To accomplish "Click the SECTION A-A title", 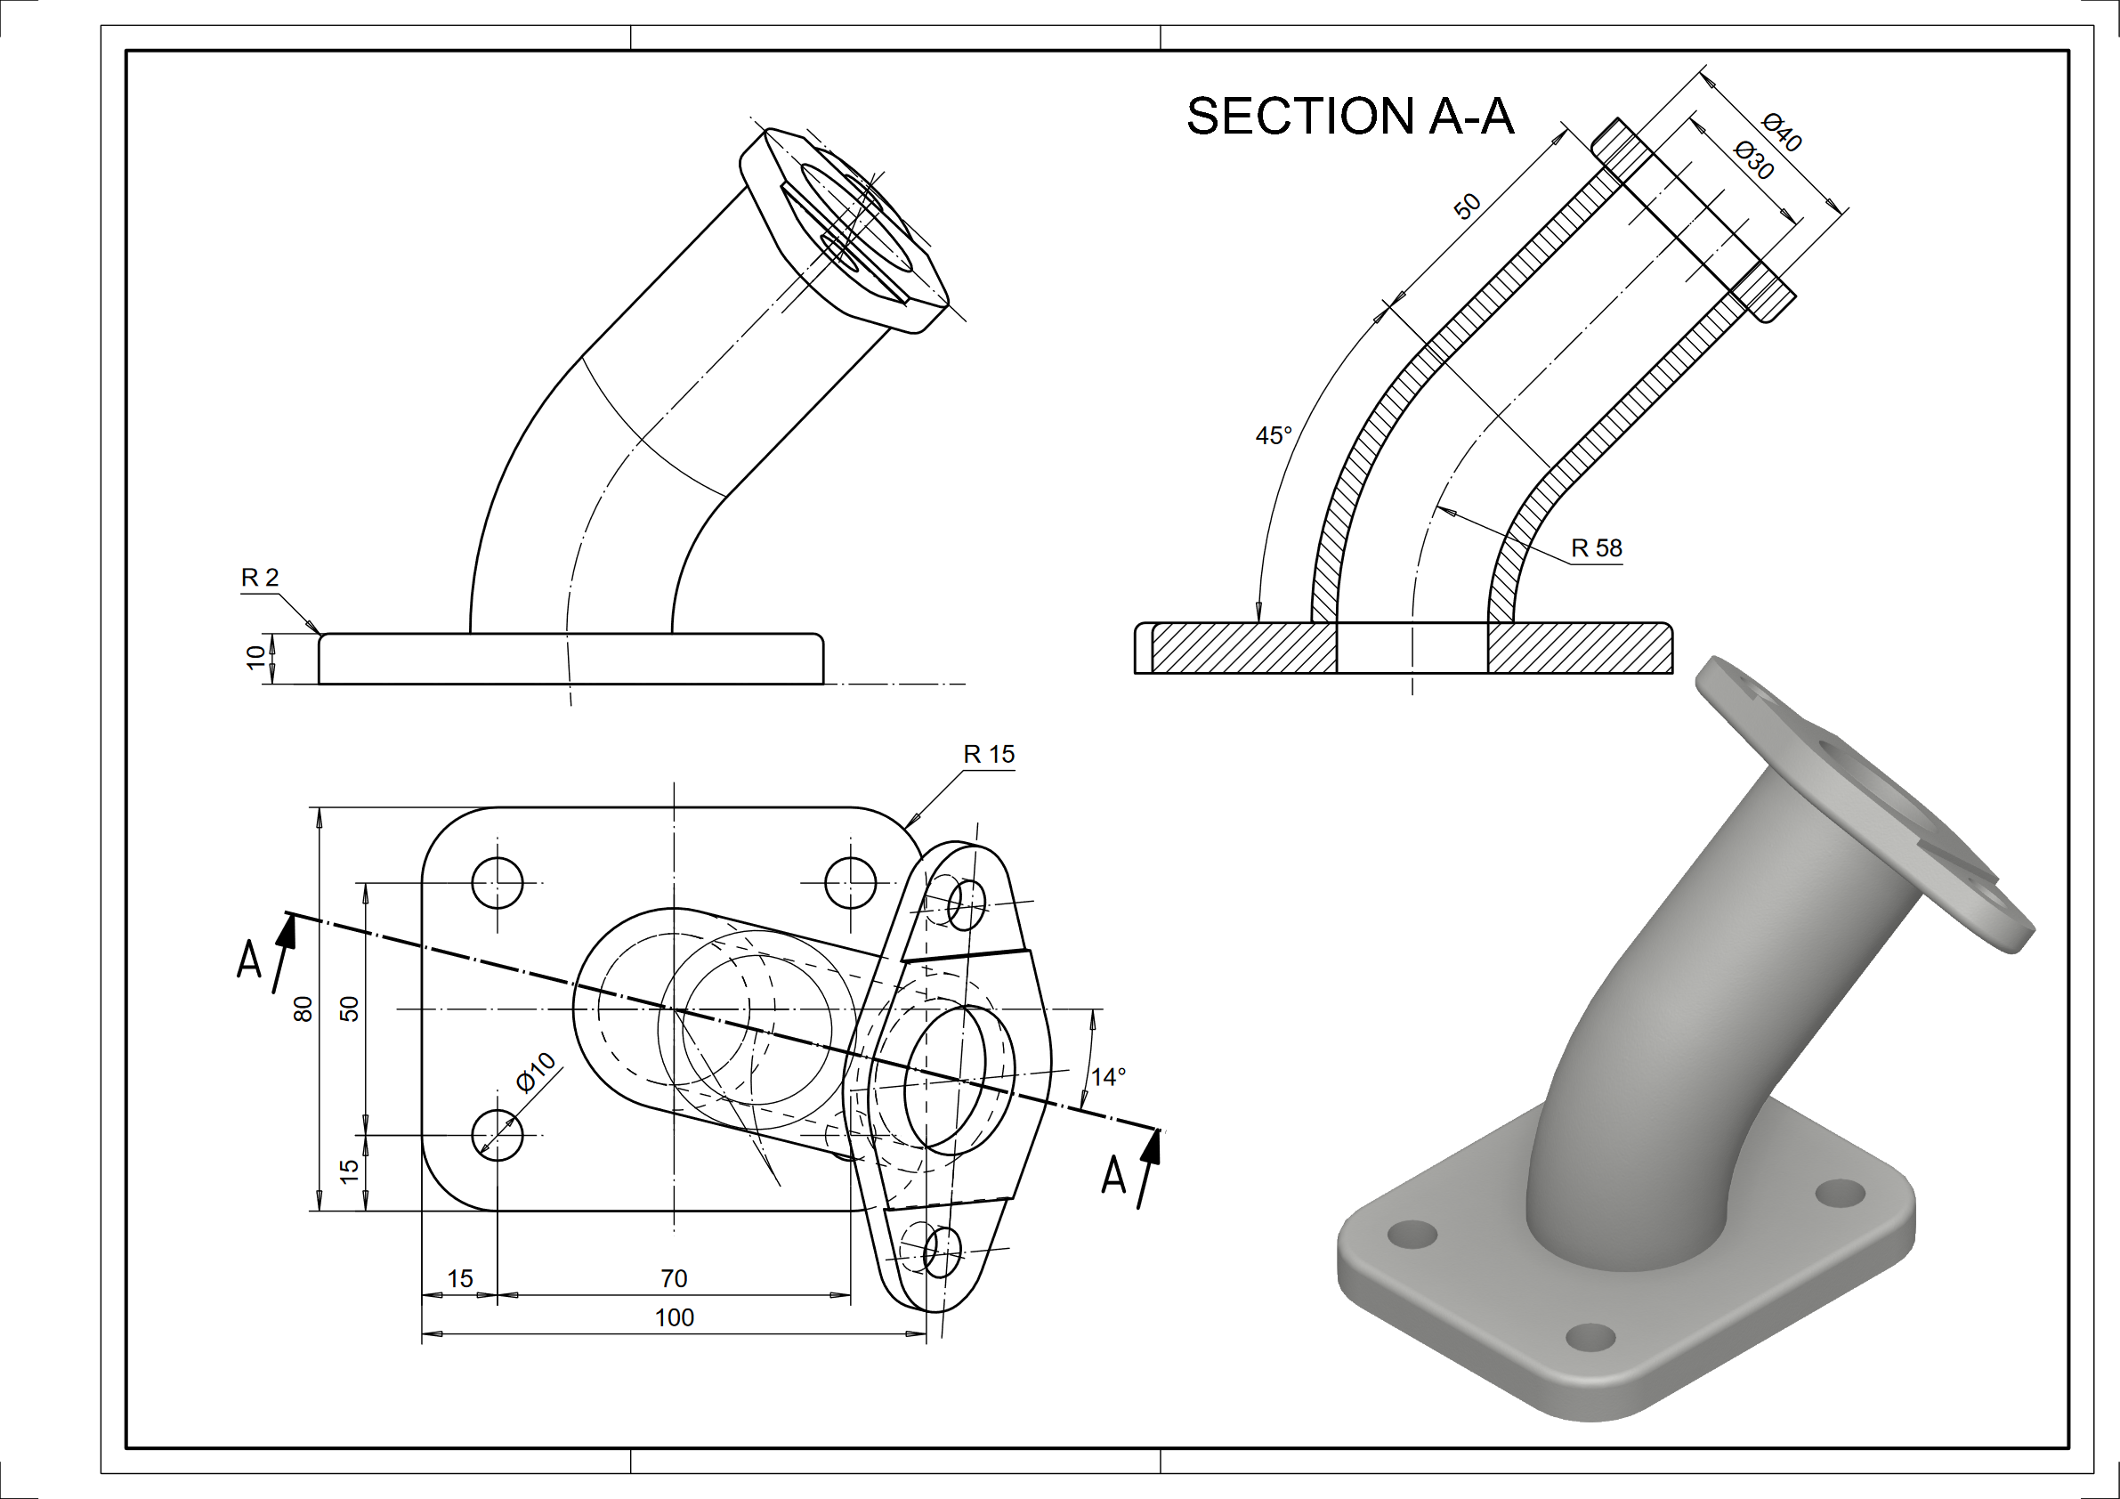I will tap(1350, 117).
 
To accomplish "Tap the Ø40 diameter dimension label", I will tap(1781, 133).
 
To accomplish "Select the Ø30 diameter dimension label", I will tap(1754, 161).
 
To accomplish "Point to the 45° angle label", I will tap(1274, 436).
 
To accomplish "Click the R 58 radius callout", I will tap(1597, 548).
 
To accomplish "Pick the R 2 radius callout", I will tap(260, 579).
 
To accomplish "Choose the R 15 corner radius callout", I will tap(989, 755).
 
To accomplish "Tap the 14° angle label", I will tap(1108, 1077).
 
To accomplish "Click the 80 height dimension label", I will tap(303, 1009).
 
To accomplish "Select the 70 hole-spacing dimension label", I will tap(674, 1278).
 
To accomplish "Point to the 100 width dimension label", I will tap(674, 1318).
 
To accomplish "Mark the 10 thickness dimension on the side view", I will tap(255, 658).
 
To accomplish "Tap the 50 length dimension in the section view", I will tap(1468, 206).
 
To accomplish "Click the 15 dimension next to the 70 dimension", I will tap(460, 1278).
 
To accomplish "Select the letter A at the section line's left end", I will tap(249, 960).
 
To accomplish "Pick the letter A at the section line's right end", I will tap(1114, 1176).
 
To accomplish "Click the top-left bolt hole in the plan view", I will tap(498, 883).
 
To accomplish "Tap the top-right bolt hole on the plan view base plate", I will tap(850, 883).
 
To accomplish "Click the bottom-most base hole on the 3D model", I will tap(1591, 1336).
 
